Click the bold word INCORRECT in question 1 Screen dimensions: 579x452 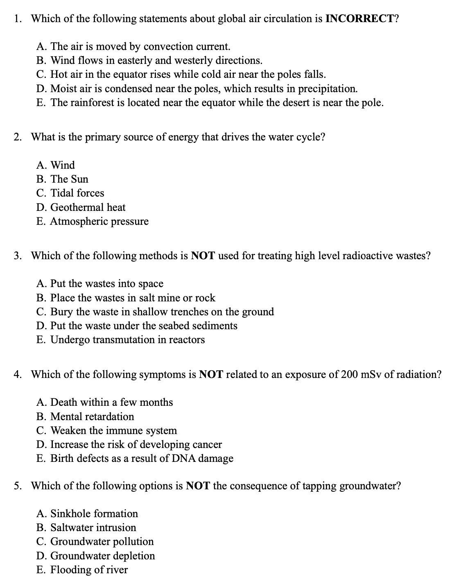tap(359, 18)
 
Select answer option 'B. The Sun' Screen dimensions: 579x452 tap(62, 179)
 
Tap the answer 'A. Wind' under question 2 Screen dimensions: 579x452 tap(56, 165)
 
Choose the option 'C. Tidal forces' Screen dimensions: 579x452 tap(70, 193)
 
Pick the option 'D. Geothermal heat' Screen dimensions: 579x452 tap(81, 208)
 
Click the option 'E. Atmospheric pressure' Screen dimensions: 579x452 tap(92, 222)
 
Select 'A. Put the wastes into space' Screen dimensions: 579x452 tap(99, 284)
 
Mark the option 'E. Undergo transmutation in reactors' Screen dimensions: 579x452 tap(120, 340)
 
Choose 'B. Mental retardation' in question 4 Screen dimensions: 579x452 tap(85, 417)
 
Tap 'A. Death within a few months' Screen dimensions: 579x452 tap(104, 403)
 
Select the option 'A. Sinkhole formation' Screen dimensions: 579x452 tap(87, 514)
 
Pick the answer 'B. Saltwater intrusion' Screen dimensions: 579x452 tap(86, 528)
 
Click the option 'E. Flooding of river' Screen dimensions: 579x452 tap(82, 570)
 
